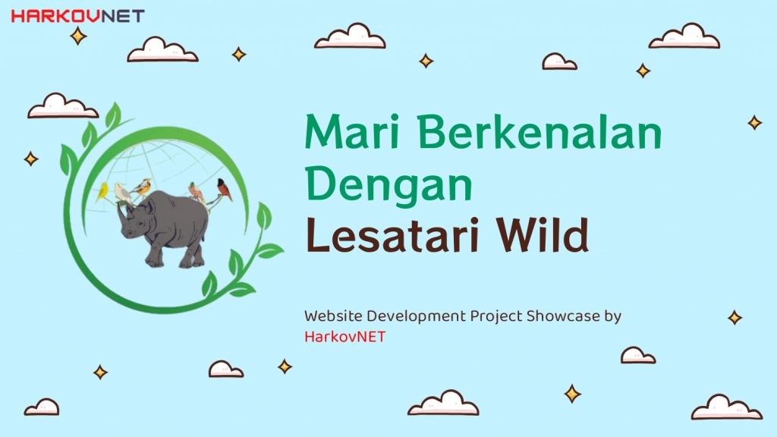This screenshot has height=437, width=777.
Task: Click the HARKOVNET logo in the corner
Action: [77, 17]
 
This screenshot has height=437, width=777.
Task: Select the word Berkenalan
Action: [540, 132]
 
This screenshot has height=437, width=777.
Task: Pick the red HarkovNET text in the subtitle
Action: [344, 337]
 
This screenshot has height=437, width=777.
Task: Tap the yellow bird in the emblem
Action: [102, 191]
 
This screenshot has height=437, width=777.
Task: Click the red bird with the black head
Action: [224, 189]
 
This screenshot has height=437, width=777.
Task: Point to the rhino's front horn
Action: [121, 213]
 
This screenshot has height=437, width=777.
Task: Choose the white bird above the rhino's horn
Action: [122, 193]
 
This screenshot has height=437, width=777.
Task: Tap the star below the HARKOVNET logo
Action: [78, 36]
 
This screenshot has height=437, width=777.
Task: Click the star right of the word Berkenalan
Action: [755, 122]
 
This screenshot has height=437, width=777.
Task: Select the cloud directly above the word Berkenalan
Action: [559, 61]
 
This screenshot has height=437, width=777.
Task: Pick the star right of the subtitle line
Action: [735, 317]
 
